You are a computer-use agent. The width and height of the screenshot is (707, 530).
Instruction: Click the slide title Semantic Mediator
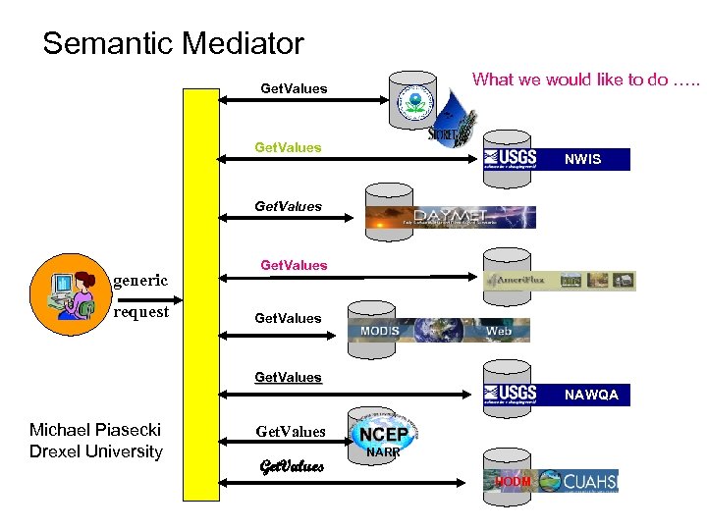pos(173,44)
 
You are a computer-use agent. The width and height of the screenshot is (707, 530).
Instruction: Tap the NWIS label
pos(583,159)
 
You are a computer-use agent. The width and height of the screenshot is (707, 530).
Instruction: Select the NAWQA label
pos(590,395)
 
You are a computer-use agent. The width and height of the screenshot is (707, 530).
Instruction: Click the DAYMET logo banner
pos(451,217)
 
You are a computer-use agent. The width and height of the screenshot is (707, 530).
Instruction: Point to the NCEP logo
pos(383,433)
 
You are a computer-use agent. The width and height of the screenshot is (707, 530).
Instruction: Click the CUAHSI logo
pos(578,481)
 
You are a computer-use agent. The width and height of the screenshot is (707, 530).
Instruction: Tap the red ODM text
pos(514,482)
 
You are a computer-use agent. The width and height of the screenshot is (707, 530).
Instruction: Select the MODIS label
pos(379,331)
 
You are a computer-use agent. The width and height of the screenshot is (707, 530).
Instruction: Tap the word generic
pos(140,280)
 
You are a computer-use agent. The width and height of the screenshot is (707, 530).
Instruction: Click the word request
pos(140,312)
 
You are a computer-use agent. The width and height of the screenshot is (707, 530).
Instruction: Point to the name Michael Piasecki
pos(95,430)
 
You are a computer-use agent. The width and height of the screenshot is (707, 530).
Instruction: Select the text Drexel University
pos(95,451)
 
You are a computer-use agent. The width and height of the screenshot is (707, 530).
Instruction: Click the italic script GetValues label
pos(291,466)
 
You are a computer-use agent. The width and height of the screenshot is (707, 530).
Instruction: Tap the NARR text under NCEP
pos(382,453)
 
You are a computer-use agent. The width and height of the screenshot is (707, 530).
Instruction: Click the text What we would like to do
pos(586,79)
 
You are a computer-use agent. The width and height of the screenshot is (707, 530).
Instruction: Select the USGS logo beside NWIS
pos(510,158)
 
